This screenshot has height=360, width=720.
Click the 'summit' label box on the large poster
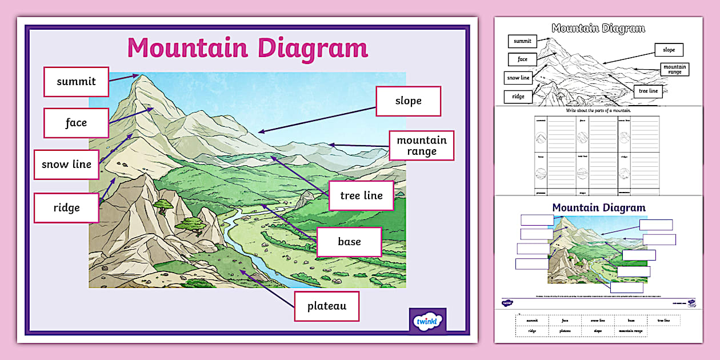[x=76, y=81]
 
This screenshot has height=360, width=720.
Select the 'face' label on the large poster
[x=76, y=123]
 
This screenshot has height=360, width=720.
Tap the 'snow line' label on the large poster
[x=66, y=165]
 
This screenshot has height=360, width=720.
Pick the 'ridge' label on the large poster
[x=66, y=207]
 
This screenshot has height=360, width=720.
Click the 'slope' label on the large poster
[x=408, y=101]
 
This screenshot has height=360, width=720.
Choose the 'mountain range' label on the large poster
[x=421, y=146]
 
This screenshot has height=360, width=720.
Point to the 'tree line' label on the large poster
[x=361, y=196]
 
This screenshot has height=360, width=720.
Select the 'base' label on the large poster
[x=349, y=242]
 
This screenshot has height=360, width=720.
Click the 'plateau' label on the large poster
[x=326, y=306]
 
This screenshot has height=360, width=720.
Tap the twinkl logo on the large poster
[x=427, y=321]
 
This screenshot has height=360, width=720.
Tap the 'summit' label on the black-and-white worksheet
[x=522, y=41]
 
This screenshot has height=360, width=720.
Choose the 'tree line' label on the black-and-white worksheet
[x=648, y=91]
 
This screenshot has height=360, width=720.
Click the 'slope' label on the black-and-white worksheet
[x=669, y=50]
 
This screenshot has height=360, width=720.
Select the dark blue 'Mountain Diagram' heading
[x=598, y=208]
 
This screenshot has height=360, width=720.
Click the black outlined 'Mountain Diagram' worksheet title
[x=598, y=28]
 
